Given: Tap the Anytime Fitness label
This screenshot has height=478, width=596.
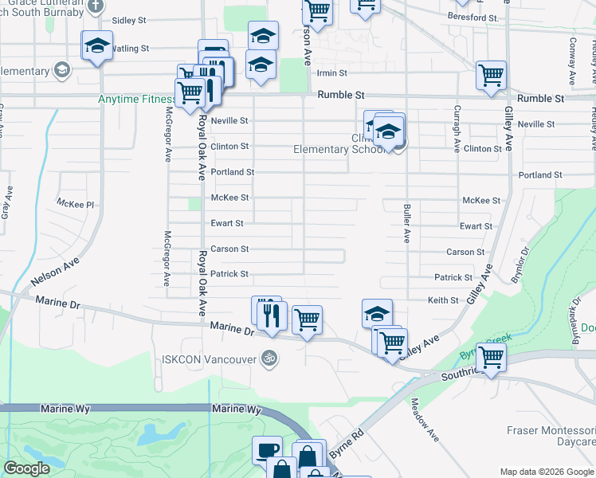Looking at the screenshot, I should (136, 100).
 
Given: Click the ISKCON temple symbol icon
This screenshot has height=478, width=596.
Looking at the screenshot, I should (269, 358).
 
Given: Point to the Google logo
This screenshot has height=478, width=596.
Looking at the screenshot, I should (26, 469).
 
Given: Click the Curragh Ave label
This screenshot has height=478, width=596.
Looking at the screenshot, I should (457, 129).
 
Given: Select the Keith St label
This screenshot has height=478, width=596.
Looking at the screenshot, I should (443, 300).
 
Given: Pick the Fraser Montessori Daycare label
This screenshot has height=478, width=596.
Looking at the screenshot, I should (551, 436).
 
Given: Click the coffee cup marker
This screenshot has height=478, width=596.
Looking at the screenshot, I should (267, 451).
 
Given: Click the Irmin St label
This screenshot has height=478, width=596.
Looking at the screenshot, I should (331, 72).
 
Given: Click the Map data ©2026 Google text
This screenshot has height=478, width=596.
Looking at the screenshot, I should (547, 471).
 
